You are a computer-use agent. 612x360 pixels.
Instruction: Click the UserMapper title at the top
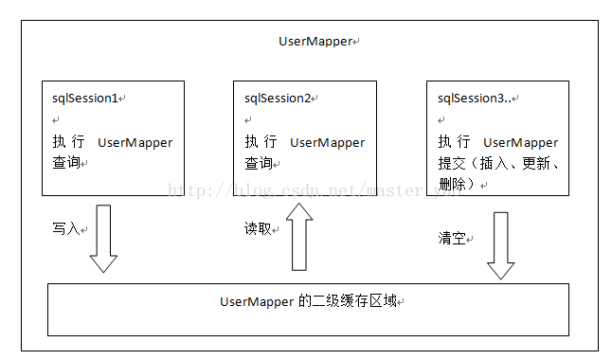(315, 42)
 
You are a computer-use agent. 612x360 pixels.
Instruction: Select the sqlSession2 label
(278, 98)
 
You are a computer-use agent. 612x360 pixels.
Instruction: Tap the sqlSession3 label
(469, 98)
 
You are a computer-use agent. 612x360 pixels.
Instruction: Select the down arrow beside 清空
(500, 244)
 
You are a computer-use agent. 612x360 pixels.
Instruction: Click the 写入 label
(65, 229)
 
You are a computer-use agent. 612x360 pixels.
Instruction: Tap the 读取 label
(258, 228)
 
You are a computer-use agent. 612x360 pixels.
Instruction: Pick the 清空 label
(451, 240)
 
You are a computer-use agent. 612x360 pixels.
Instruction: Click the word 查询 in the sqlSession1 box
(65, 163)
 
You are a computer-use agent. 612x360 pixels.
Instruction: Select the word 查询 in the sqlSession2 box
(258, 163)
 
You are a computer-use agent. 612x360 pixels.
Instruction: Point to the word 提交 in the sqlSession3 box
(451, 163)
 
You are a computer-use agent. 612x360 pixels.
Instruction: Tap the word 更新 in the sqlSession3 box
(535, 163)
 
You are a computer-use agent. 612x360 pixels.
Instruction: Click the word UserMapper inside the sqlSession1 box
(135, 142)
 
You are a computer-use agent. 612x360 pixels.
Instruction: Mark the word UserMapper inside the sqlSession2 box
(328, 142)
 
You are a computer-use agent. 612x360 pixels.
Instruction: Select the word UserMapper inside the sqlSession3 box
(520, 142)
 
